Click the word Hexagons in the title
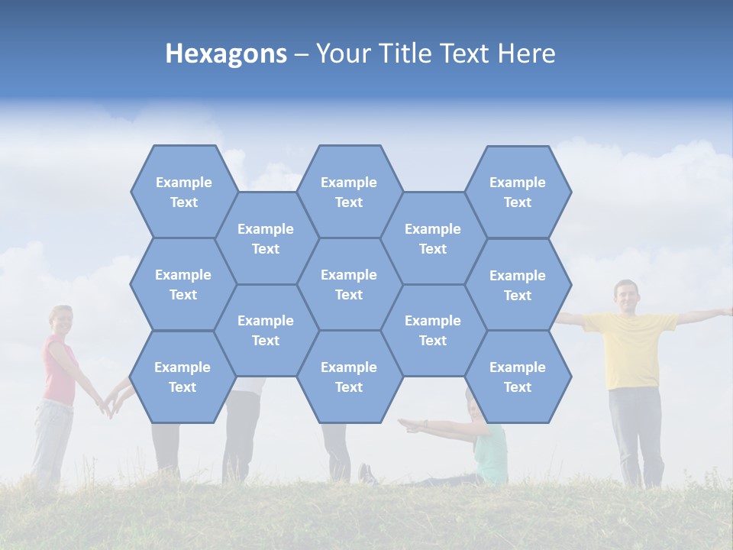tap(226, 53)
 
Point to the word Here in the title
tap(526, 53)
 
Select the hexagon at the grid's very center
tap(349, 284)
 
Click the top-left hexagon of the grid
tap(183, 192)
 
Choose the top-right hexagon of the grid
tap(517, 192)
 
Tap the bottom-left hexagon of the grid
tap(182, 377)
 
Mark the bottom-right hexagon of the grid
tap(517, 377)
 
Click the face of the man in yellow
tap(626, 296)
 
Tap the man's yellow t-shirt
tap(630, 348)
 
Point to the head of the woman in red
tap(60, 321)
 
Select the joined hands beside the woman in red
tap(109, 403)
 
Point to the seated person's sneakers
tap(367, 474)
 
